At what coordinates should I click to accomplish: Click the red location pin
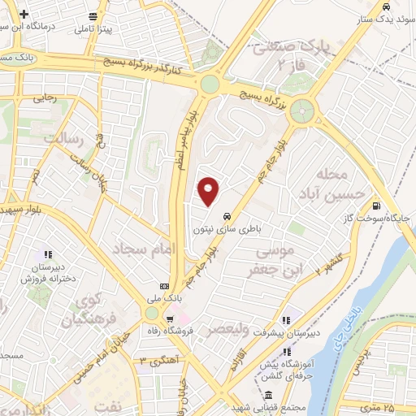pos(210,191)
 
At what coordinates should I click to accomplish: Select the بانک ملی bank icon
pos(165,286)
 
